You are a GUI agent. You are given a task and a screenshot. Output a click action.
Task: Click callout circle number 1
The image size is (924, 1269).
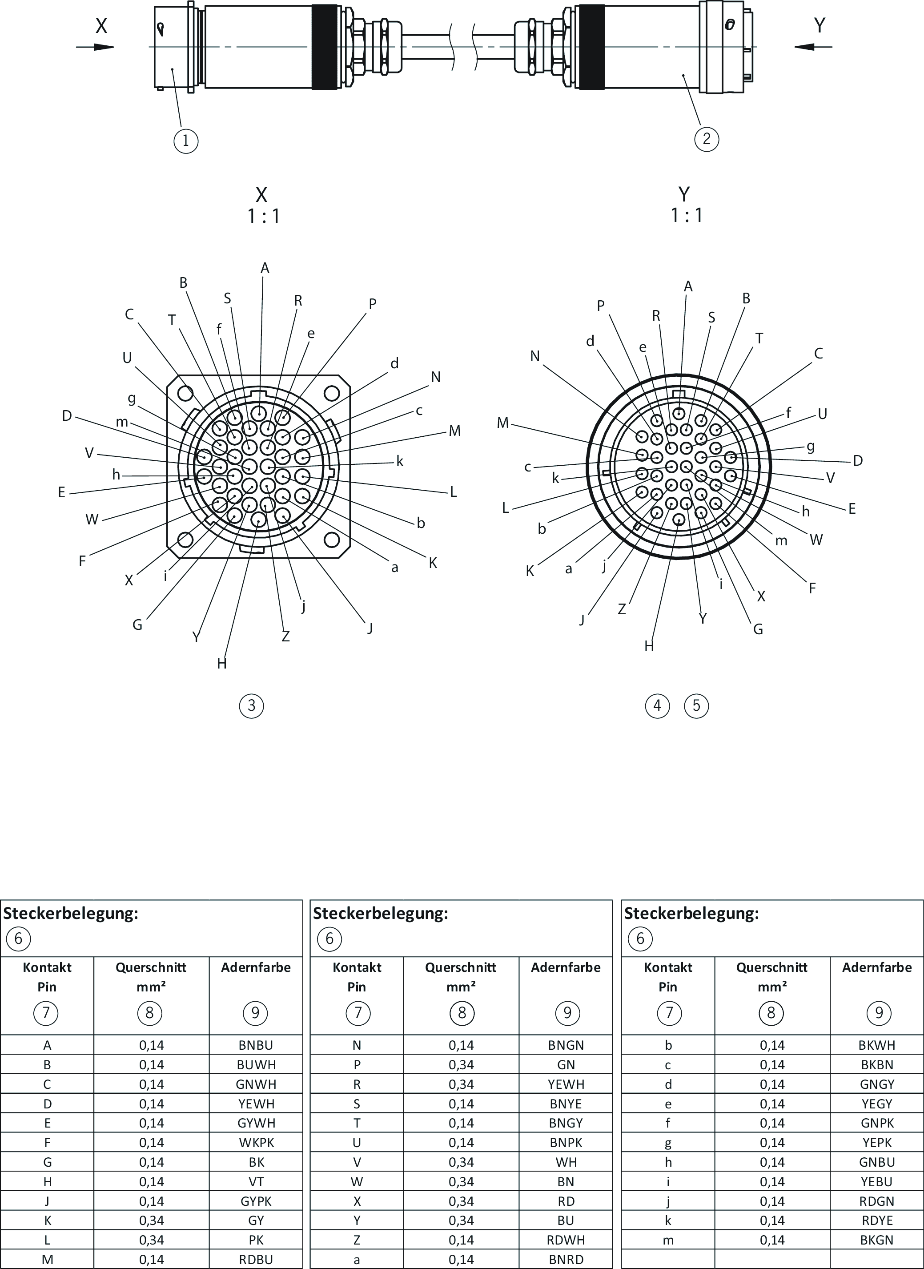click(186, 140)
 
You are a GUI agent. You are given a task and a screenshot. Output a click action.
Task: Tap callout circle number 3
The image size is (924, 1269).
click(251, 705)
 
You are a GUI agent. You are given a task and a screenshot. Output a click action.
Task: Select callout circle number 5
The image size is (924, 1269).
click(696, 705)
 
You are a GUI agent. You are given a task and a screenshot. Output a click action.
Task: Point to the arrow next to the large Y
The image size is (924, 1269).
click(813, 47)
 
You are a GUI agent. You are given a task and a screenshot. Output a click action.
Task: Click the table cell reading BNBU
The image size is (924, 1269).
click(256, 1045)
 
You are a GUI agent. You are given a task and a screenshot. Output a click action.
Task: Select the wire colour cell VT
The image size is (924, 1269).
click(256, 1181)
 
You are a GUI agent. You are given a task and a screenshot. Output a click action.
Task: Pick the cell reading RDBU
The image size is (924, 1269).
click(256, 1260)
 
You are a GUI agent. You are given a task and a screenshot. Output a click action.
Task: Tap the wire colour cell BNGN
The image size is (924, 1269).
click(566, 1045)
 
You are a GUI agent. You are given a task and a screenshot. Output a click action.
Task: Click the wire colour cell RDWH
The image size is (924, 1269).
click(566, 1240)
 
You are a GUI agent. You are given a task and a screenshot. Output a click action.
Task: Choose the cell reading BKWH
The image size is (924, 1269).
click(877, 1045)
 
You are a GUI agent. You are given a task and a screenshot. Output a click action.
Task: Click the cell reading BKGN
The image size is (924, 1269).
click(877, 1240)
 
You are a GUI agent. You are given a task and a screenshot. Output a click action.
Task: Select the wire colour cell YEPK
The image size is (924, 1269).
click(877, 1143)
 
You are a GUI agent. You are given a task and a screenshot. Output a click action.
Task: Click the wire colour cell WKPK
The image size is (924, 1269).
click(256, 1143)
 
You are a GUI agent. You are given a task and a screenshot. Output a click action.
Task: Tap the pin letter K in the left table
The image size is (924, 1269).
click(47, 1221)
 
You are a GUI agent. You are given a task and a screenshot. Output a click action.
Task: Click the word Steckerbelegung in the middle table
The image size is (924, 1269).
click(380, 914)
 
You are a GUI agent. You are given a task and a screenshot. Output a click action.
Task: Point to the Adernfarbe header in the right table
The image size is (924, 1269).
click(877, 967)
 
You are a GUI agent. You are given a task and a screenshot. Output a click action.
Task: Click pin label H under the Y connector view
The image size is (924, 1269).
click(649, 646)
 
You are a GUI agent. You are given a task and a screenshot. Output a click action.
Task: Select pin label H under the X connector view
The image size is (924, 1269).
click(222, 664)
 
